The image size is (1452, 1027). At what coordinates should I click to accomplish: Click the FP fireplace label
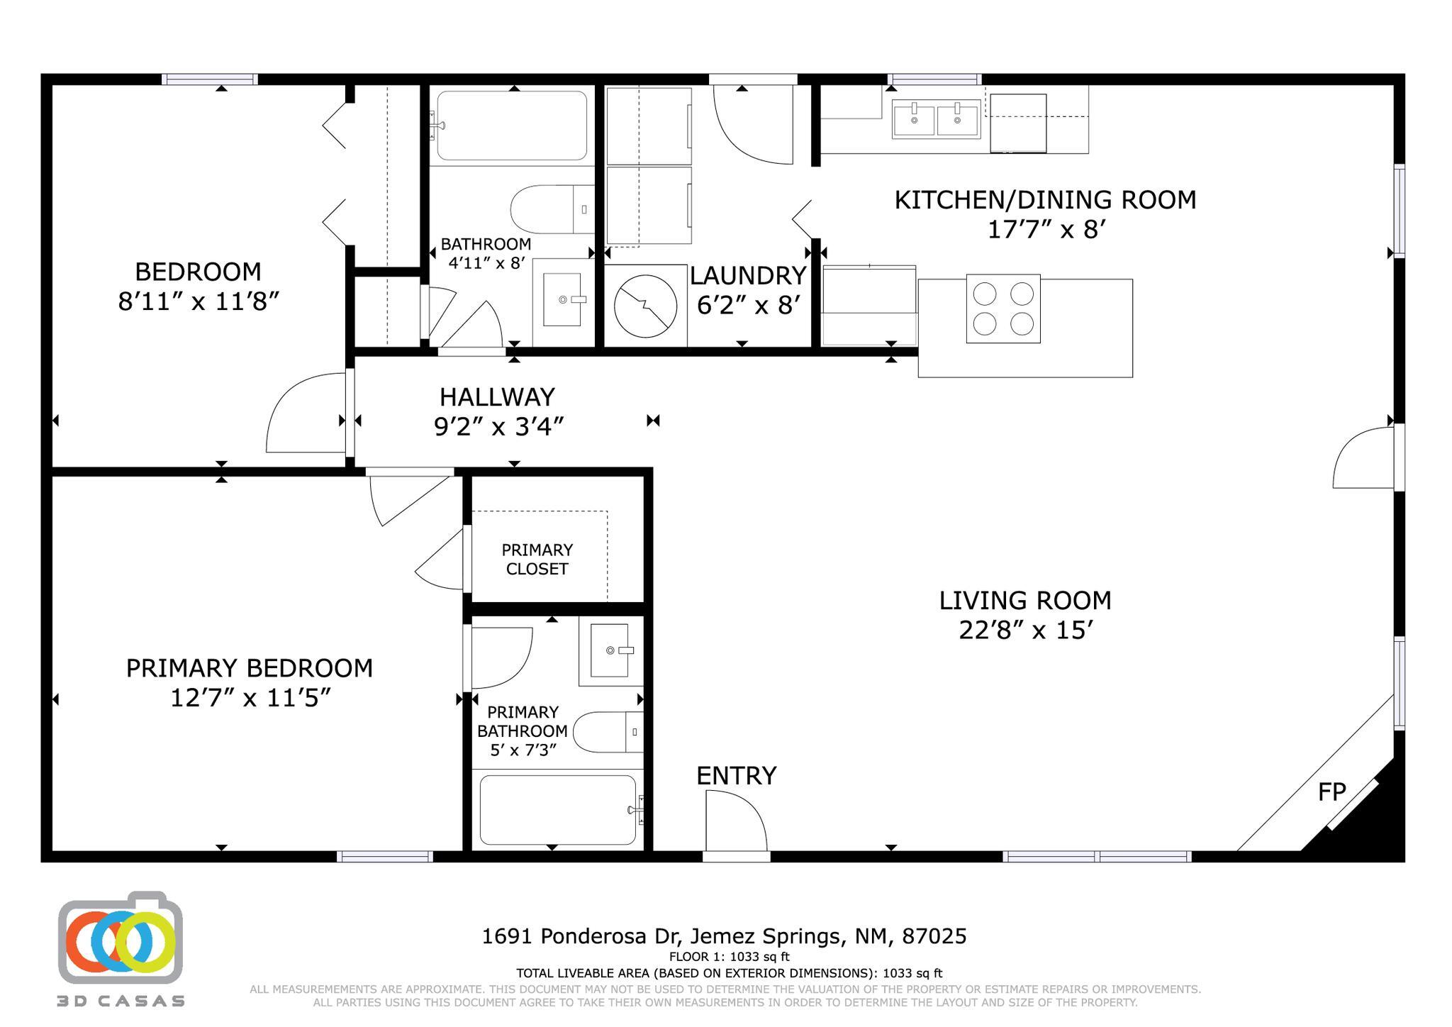click(x=1331, y=792)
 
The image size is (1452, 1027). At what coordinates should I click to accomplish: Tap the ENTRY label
click(x=736, y=775)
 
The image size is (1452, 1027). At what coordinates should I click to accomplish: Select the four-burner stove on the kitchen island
click(x=1003, y=309)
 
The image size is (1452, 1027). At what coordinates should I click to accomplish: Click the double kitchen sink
click(x=936, y=119)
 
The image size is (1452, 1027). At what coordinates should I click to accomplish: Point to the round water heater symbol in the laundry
click(x=645, y=306)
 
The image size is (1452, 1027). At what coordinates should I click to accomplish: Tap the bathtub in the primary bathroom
click(x=558, y=810)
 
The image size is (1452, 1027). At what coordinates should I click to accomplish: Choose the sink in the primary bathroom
click(x=610, y=650)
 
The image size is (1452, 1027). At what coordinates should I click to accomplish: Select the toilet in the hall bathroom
click(x=552, y=209)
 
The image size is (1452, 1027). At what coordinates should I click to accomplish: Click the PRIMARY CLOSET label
click(x=537, y=559)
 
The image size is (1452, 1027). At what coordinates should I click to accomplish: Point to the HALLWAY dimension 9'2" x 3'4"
click(x=499, y=426)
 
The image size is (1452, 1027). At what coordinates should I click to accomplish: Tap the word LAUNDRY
click(x=748, y=275)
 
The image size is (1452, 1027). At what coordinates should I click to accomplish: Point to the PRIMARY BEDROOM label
click(x=250, y=668)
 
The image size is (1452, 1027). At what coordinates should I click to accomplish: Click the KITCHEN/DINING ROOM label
click(x=1045, y=200)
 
